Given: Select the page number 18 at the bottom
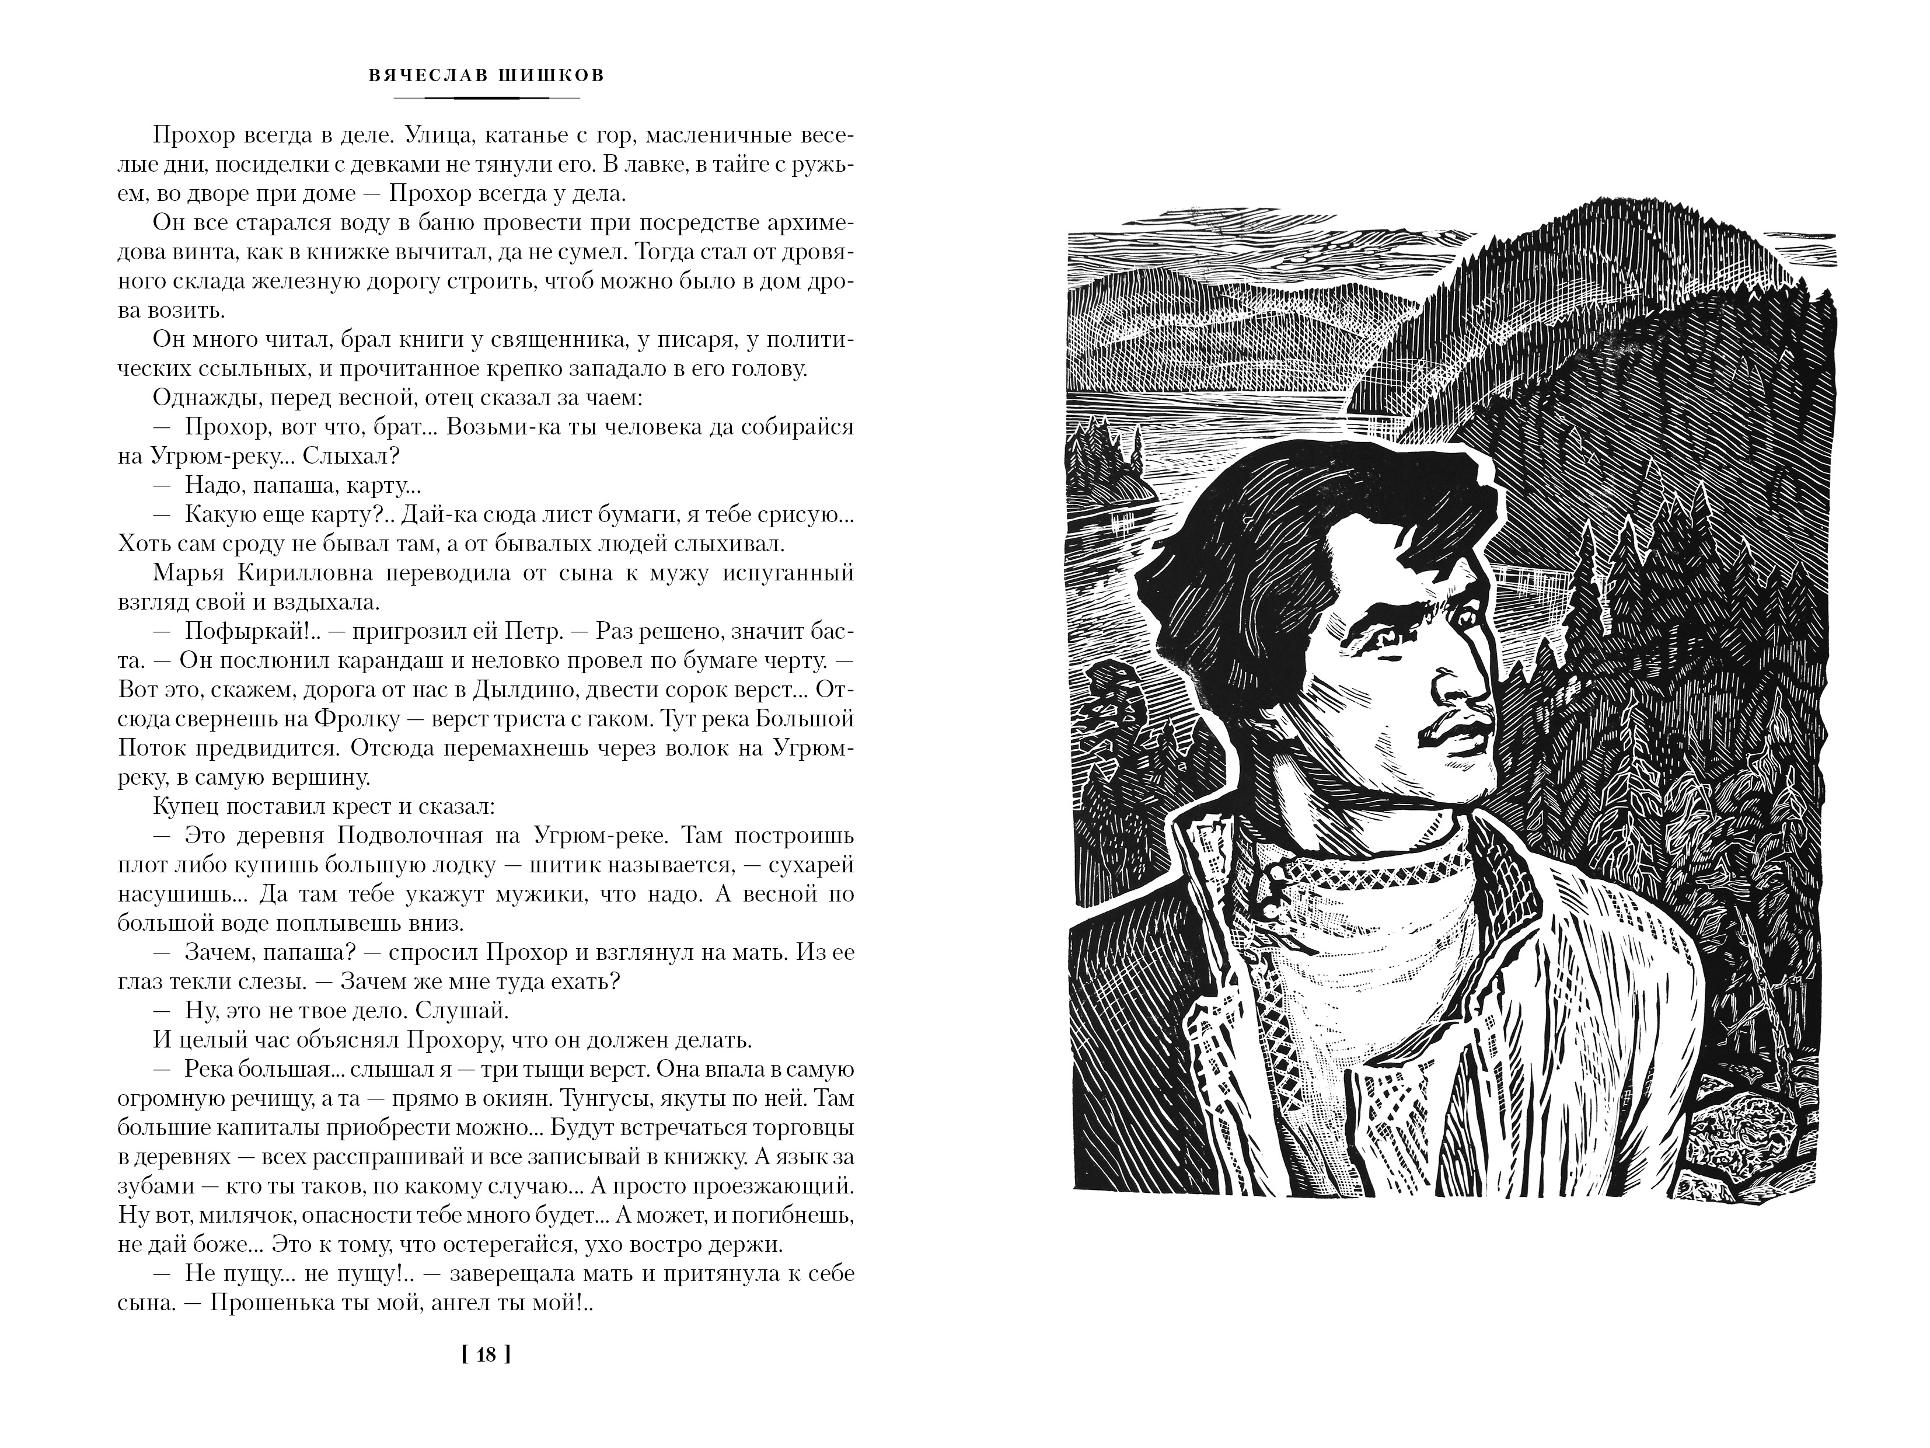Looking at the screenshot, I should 487,1355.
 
